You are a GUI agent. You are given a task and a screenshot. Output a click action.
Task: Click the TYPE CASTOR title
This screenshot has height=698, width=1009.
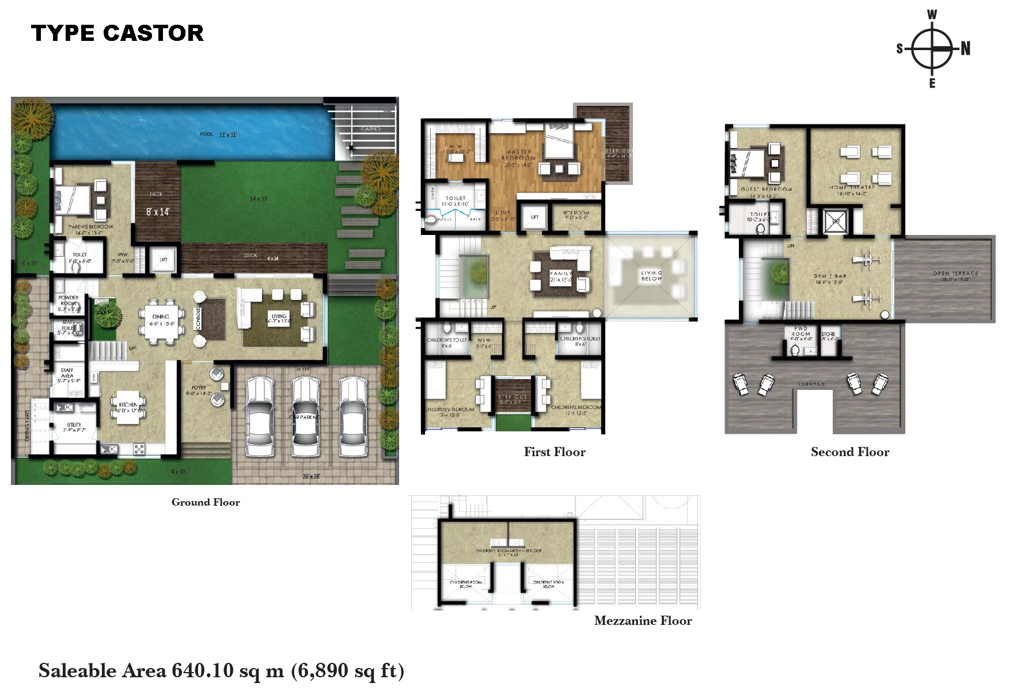coord(117,33)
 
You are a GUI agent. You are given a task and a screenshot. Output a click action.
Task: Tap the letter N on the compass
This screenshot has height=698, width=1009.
coord(966,49)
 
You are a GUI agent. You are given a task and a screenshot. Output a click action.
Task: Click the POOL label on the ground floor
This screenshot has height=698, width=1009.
coord(206,134)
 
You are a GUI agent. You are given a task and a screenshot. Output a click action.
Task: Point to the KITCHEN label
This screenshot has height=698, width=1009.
coord(128,405)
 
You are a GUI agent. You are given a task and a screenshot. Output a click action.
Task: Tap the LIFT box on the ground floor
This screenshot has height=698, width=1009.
coord(164,260)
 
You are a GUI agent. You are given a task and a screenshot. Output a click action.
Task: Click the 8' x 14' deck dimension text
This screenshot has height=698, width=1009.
coord(157,212)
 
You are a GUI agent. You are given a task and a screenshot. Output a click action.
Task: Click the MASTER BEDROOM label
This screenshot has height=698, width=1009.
coord(518,155)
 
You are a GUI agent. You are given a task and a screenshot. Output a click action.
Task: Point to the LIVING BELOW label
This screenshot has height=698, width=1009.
coord(651,276)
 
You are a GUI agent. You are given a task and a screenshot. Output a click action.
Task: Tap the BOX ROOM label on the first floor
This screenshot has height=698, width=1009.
coord(576,213)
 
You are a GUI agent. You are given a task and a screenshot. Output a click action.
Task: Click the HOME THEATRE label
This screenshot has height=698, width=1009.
coord(852,188)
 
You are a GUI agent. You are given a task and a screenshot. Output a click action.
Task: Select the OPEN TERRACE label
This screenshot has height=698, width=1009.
coord(955,274)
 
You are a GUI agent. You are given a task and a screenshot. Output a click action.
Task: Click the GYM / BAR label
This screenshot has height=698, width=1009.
coord(829,276)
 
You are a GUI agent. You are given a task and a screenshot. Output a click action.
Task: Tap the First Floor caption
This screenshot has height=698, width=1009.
coord(554,452)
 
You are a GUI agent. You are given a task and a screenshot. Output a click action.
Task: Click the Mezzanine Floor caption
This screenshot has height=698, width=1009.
coord(643,621)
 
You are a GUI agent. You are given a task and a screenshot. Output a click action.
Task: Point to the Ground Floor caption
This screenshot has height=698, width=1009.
coord(206,502)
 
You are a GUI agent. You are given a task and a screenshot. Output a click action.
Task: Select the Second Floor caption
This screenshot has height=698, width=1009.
coord(849,452)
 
